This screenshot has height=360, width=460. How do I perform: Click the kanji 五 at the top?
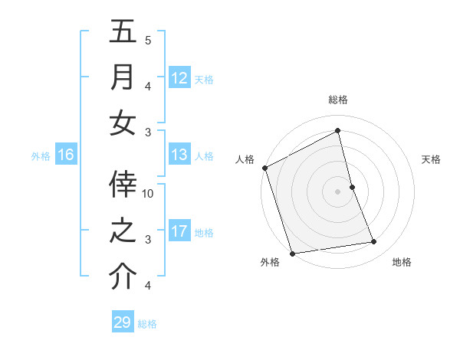123,32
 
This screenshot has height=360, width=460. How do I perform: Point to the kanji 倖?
123,184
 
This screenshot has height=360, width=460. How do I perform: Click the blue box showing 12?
179,77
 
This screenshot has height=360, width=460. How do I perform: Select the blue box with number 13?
179,155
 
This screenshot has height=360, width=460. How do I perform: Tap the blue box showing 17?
179,231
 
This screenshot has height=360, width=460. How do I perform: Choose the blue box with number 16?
66,155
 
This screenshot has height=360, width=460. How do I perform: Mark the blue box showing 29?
123,322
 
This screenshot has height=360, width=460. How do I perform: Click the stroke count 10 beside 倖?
148,193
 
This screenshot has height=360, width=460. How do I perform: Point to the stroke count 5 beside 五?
148,40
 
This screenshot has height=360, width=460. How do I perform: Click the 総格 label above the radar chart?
337,100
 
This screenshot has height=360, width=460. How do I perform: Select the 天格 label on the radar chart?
431,159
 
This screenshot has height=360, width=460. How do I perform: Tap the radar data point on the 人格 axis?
265,167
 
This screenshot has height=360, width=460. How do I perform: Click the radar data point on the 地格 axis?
374,242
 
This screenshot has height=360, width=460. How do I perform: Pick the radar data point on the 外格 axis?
292,254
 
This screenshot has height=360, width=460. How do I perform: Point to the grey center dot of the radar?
337,191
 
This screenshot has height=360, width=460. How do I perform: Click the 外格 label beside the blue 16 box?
41,156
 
